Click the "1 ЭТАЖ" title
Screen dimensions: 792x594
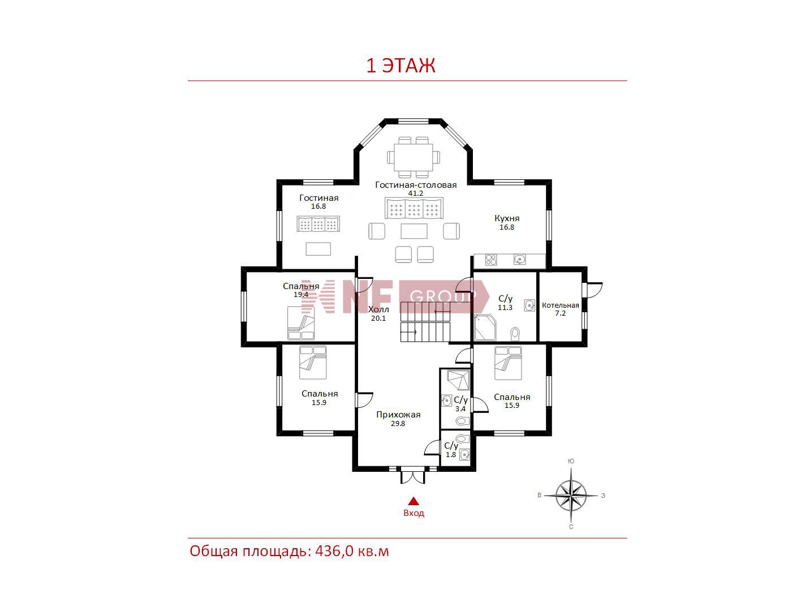tap(401, 66)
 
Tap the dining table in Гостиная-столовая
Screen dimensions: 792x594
tap(413, 157)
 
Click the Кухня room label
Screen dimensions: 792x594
tap(506, 218)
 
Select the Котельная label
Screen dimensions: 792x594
tap(560, 305)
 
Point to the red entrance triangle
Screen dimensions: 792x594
tap(413, 501)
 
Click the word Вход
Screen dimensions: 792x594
tap(414, 513)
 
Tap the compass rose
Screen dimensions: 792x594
tap(571, 496)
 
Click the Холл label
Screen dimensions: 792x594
tap(378, 309)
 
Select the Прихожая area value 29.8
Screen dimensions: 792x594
tap(398, 424)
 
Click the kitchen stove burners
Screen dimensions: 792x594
tap(490, 260)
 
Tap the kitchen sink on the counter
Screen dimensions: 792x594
tap(519, 259)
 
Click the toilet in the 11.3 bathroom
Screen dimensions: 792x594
tap(515, 334)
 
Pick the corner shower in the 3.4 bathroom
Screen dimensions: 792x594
tap(458, 380)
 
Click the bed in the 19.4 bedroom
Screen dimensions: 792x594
tap(301, 323)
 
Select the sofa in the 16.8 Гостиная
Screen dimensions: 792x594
tap(318, 224)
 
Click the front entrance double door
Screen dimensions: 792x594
tap(413, 476)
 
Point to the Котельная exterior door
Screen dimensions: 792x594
tap(593, 290)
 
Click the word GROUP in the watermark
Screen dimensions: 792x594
tap(443, 296)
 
